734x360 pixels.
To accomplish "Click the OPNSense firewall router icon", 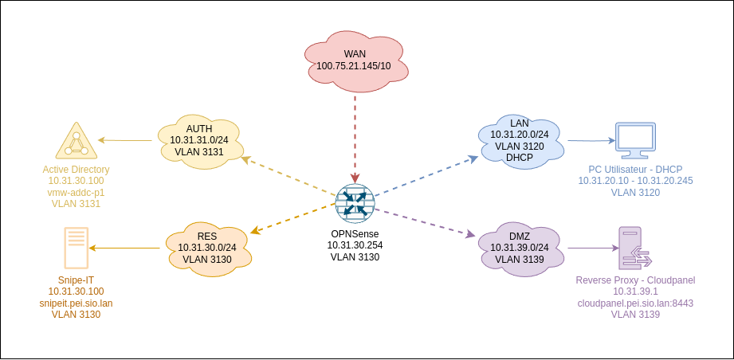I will pyautogui.click(x=354, y=203).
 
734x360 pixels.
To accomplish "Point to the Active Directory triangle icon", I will pyautogui.click(x=77, y=142).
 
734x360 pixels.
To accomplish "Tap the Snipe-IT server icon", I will pyautogui.click(x=77, y=248).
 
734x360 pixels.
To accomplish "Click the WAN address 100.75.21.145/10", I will pyautogui.click(x=354, y=65).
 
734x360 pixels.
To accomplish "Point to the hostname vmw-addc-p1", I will pyautogui.click(x=77, y=193).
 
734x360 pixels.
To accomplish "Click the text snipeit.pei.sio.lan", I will pyautogui.click(x=77, y=303).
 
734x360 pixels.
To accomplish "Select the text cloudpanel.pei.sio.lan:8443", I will pyautogui.click(x=635, y=303).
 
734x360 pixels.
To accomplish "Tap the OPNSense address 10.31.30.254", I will pyautogui.click(x=355, y=245).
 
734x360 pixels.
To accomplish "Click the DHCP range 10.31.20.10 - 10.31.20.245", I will pyautogui.click(x=635, y=181).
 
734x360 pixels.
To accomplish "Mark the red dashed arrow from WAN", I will pyautogui.click(x=355, y=135).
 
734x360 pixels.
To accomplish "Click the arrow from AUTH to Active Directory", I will pyautogui.click(x=125, y=141).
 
